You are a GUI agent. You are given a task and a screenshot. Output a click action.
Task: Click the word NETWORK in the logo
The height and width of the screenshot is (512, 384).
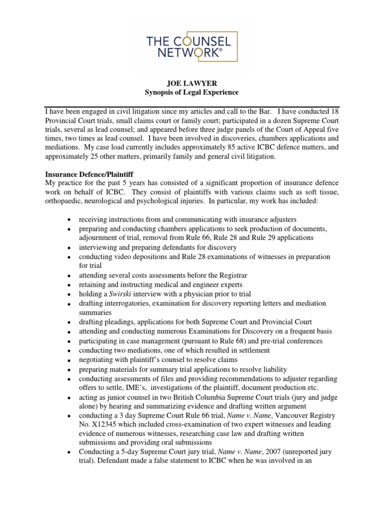[x=181, y=53]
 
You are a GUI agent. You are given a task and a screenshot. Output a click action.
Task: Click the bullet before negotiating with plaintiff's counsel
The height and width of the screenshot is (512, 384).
[x=68, y=360]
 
